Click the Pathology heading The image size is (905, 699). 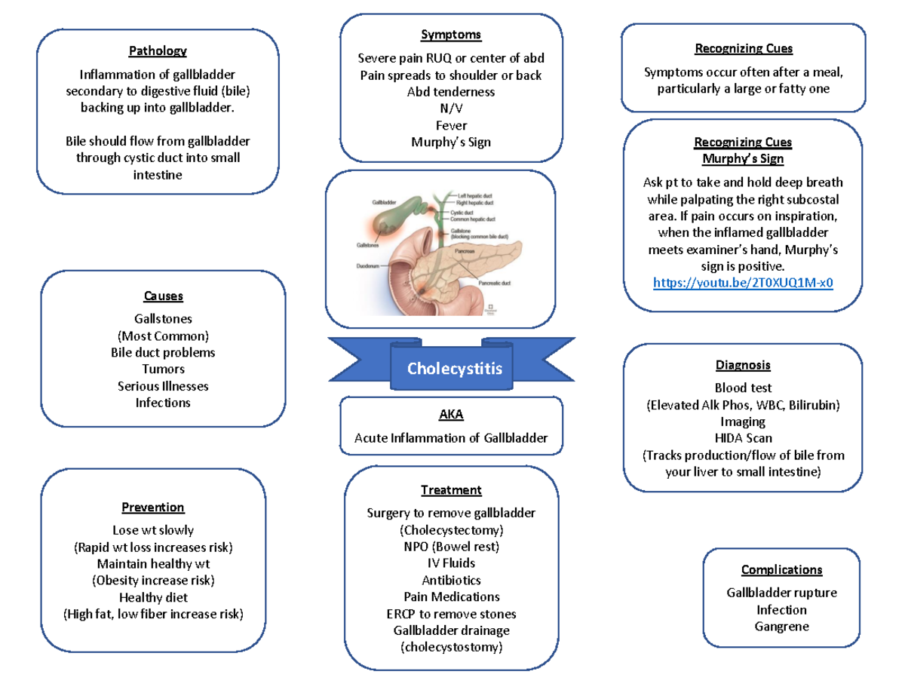[x=157, y=51]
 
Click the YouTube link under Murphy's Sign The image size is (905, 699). [x=743, y=283]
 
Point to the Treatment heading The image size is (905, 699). [x=451, y=490]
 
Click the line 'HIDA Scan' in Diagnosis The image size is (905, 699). [x=743, y=438]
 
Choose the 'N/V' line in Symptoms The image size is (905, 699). [x=451, y=108]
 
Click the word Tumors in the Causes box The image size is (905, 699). [x=163, y=369]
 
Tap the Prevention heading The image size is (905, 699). [x=153, y=507]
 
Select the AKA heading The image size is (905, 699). [x=451, y=415]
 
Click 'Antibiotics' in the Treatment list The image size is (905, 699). [x=451, y=581]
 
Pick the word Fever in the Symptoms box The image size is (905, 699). [x=451, y=125]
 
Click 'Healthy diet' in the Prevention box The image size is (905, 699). [x=153, y=597]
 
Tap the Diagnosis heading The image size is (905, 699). [x=743, y=366]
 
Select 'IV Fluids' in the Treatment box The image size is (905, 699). [x=451, y=563]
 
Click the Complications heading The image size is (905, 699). [x=781, y=570]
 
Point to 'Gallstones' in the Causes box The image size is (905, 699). [x=163, y=319]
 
